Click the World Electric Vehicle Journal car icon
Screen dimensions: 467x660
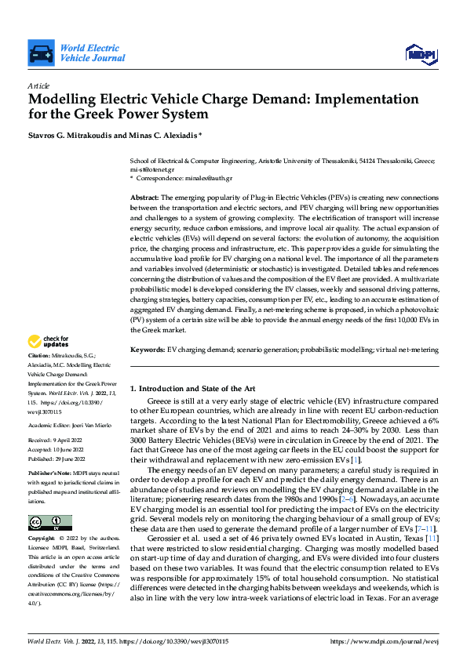pyautogui.click(x=40, y=54)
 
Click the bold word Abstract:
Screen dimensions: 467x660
pyautogui.click(x=144, y=198)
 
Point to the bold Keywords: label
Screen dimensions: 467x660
pyautogui.click(x=148, y=349)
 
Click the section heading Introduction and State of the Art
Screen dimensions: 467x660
pyautogui.click(x=196, y=388)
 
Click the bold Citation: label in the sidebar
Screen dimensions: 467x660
pyautogui.click(x=41, y=356)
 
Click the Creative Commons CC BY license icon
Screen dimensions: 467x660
pyautogui.click(x=49, y=523)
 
